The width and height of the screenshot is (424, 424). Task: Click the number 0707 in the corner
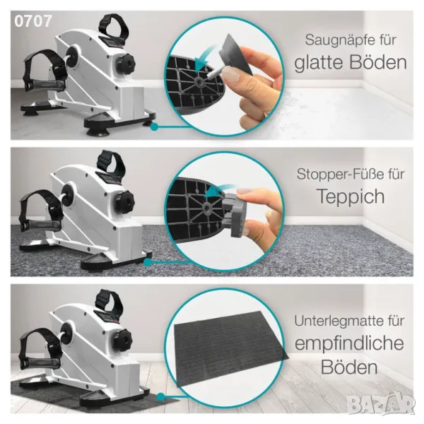point(33,21)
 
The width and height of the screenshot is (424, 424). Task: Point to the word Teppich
point(351,196)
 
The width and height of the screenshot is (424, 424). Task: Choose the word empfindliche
point(349,343)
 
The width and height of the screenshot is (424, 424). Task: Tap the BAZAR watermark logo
point(382,404)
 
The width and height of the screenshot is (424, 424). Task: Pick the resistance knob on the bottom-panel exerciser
point(122,338)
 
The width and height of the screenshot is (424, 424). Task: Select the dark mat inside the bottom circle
point(230,349)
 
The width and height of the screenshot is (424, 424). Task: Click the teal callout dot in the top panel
point(154,126)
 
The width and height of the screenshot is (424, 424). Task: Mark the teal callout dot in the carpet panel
point(148,262)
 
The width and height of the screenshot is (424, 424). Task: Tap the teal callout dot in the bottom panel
point(160,397)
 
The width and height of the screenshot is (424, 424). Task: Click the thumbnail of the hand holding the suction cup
point(224,76)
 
